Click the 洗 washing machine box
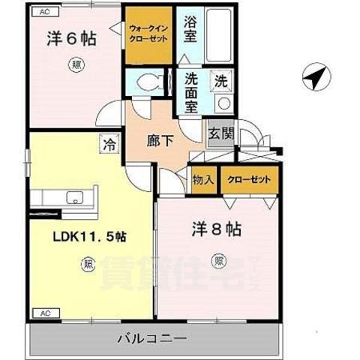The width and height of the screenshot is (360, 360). [221, 80]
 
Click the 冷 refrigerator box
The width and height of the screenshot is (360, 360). [110, 139]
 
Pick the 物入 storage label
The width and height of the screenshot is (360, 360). [203, 181]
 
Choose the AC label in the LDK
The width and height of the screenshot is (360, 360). [44, 312]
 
